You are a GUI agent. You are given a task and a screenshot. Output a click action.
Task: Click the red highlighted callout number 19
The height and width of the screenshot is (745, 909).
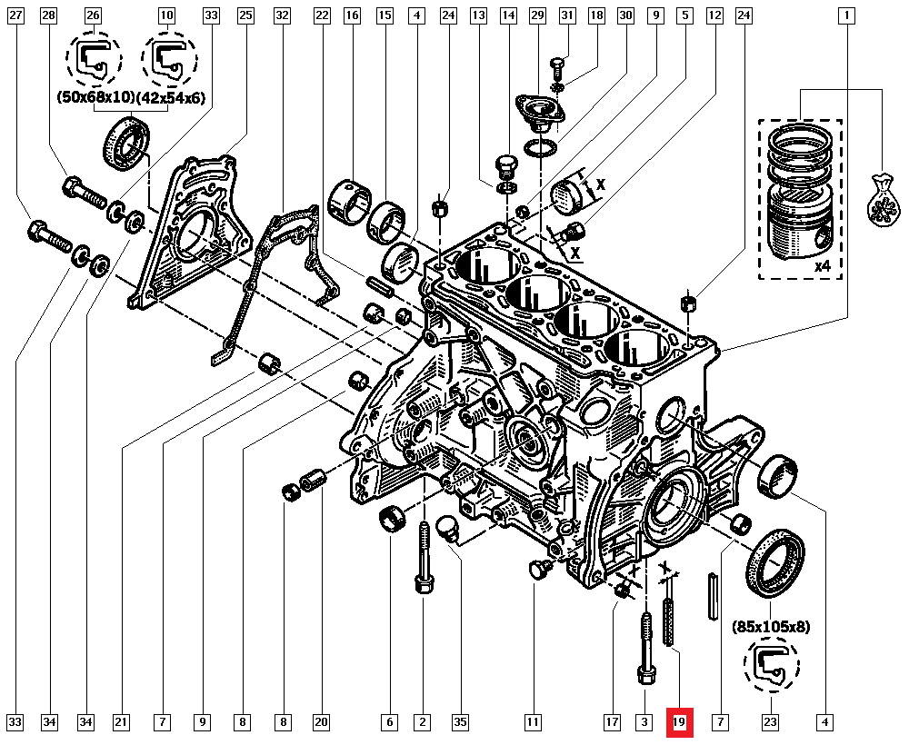pos(679,723)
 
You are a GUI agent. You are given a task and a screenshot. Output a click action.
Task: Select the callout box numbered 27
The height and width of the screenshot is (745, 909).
pos(15,15)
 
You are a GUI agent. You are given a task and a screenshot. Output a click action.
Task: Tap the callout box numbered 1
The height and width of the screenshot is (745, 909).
pos(847,15)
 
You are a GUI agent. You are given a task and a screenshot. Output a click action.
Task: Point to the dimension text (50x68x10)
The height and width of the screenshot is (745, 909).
pos(95,96)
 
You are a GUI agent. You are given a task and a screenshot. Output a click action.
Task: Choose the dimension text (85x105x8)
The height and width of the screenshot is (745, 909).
pos(772,627)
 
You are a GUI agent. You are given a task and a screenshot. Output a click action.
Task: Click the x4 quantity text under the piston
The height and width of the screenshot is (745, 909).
pos(823,267)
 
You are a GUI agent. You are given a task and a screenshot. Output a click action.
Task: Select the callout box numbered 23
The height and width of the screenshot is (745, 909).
pos(771,723)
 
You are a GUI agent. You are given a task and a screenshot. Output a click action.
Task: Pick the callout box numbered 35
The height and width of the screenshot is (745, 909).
pos(461,723)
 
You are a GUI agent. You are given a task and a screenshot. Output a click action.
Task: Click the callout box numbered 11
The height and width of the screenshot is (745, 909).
pos(533,723)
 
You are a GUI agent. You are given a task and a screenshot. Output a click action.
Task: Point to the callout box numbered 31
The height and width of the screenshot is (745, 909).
pos(567,15)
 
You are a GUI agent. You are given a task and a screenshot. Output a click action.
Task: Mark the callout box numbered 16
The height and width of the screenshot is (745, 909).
pos(353,15)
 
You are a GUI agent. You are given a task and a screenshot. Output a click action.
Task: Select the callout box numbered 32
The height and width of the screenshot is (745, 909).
pos(282,15)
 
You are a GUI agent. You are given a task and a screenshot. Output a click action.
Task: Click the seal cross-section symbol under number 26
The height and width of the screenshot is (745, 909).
pos(94,60)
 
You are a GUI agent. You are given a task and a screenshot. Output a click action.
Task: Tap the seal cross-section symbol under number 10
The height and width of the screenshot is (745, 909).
pos(167,60)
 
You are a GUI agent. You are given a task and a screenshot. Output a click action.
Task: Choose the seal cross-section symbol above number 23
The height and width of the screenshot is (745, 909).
pos(772,665)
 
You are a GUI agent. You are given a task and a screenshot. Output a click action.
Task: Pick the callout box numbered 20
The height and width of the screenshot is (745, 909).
pos(321,723)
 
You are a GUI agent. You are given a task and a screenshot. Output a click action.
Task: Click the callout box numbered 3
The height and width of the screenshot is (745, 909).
pos(644,723)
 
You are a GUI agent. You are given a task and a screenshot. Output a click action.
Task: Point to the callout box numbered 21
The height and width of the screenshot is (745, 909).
pos(121,723)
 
